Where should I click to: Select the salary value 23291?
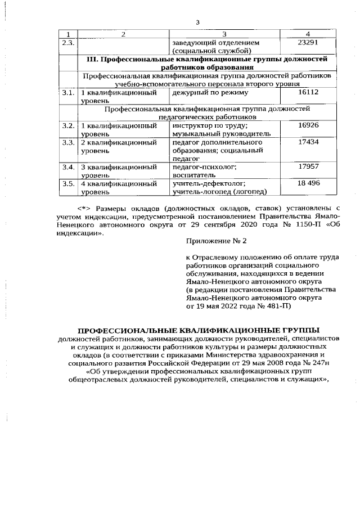pos(308,42)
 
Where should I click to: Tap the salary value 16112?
pos(308,92)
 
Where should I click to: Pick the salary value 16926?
pos(308,125)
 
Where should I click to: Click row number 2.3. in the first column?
pos(67,42)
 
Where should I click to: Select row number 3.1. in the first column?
pos(67,92)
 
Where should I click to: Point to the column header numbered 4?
pos(308,34)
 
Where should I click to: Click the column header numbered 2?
pos(123,34)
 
